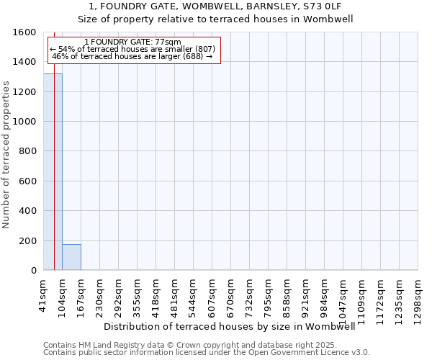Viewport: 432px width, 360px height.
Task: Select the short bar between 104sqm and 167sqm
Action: tap(71, 257)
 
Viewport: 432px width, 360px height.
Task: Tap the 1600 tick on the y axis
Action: tap(25, 32)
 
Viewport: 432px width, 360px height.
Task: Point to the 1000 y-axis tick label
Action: tap(25, 122)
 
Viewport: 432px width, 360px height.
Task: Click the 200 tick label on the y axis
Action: tap(28, 240)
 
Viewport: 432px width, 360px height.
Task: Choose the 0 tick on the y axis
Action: tap(33, 271)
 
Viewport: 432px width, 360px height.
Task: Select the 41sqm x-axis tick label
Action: tap(44, 294)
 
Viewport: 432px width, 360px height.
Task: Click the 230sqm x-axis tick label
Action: tap(100, 296)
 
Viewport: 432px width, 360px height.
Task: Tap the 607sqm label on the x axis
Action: tap(212, 296)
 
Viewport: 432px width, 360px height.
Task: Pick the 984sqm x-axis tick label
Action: tap(325, 296)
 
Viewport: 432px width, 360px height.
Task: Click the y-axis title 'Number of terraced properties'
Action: tap(6, 154)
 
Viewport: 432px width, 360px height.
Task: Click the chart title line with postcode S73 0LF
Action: tap(216, 6)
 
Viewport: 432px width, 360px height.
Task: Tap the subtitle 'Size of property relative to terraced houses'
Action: tap(216, 19)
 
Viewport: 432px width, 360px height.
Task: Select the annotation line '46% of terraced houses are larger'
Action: tap(132, 56)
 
